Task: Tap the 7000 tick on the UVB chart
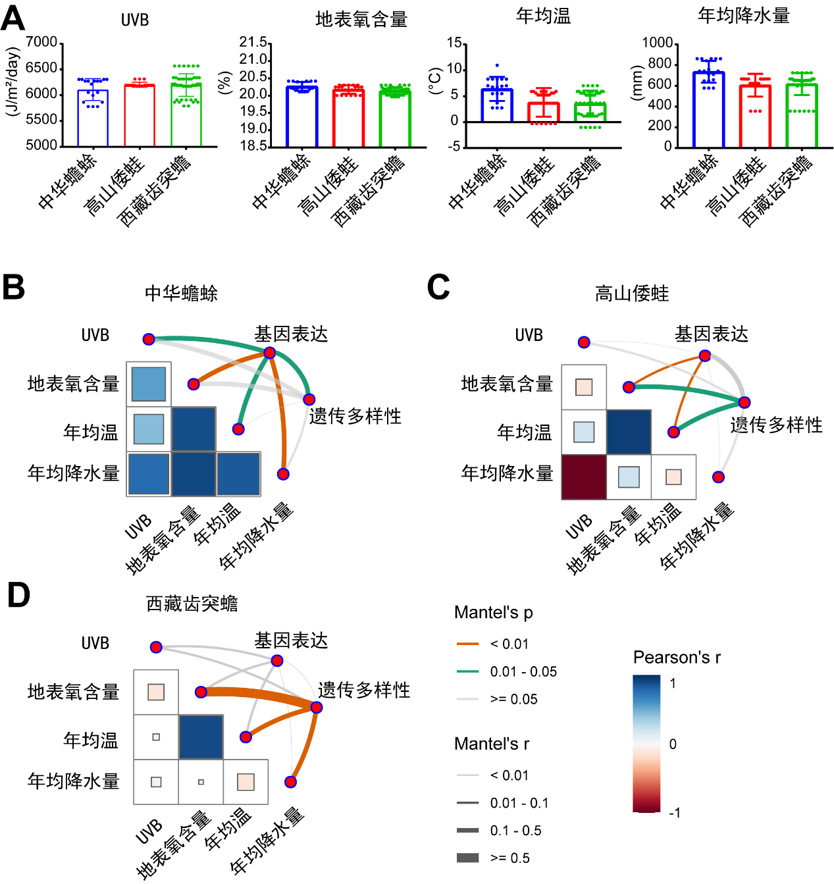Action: (x=41, y=43)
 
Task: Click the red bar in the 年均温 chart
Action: (x=544, y=113)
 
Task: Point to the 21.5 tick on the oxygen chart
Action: (x=253, y=43)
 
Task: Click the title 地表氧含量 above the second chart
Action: (x=361, y=20)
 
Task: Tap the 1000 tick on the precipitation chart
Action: (x=657, y=43)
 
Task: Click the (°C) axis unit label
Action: (x=434, y=81)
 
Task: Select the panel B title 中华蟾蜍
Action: (x=181, y=293)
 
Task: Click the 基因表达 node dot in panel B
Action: (x=269, y=353)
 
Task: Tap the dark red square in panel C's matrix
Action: (x=584, y=477)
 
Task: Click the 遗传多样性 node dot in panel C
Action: (x=744, y=402)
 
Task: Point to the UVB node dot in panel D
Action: (x=156, y=647)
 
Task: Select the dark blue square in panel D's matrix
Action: (x=201, y=737)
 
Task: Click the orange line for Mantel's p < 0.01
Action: (x=467, y=644)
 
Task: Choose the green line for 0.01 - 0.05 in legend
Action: (x=467, y=671)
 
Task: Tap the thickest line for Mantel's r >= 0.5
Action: (x=467, y=858)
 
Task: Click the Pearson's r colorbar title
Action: (x=677, y=658)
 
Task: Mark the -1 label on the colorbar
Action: (x=674, y=813)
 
